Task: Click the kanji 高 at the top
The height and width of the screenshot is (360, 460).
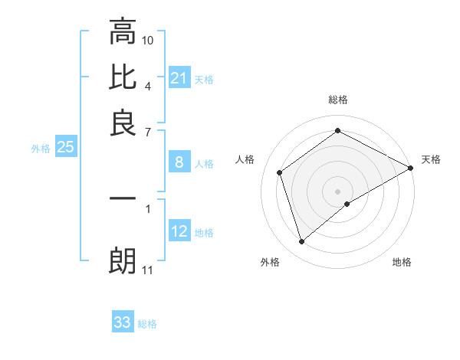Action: tap(123, 32)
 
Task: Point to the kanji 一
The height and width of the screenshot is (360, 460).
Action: tap(123, 198)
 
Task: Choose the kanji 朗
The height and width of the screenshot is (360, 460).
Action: tap(123, 261)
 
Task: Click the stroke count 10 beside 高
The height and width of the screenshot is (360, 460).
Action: tap(148, 40)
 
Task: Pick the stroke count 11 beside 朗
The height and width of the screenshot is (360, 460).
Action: tap(148, 270)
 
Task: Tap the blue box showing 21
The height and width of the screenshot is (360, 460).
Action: tap(179, 77)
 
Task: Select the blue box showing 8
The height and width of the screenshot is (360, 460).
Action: tap(179, 162)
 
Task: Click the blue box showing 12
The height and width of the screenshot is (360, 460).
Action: tap(179, 232)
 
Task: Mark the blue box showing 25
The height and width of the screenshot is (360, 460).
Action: tap(65, 148)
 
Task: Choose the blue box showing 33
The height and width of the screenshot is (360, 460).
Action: tap(123, 322)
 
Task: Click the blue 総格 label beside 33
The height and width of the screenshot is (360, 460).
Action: tap(147, 324)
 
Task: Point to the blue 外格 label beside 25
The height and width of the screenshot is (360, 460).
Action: tap(41, 149)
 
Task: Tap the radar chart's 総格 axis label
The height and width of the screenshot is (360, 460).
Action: tap(338, 100)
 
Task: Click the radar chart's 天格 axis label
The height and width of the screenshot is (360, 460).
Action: tap(431, 159)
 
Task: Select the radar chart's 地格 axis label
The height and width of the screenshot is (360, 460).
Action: tap(402, 262)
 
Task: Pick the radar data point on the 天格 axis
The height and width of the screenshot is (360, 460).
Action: tap(411, 168)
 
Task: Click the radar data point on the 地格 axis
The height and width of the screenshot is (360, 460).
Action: tap(348, 204)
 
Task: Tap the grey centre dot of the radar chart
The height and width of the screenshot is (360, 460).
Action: tap(338, 191)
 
